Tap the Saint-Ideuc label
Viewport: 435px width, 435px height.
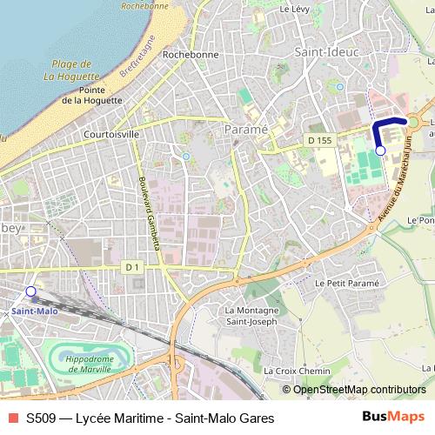pyautogui.click(x=323, y=53)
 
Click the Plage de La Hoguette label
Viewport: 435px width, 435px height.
pyautogui.click(x=72, y=70)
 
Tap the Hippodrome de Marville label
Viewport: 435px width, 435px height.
pyautogui.click(x=90, y=364)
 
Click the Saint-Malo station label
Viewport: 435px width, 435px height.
pyautogui.click(x=34, y=311)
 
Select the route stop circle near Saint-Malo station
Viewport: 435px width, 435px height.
pyautogui.click(x=31, y=291)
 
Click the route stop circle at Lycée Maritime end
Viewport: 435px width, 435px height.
pyautogui.click(x=380, y=151)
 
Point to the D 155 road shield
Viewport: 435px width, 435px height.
pyautogui.click(x=319, y=141)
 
